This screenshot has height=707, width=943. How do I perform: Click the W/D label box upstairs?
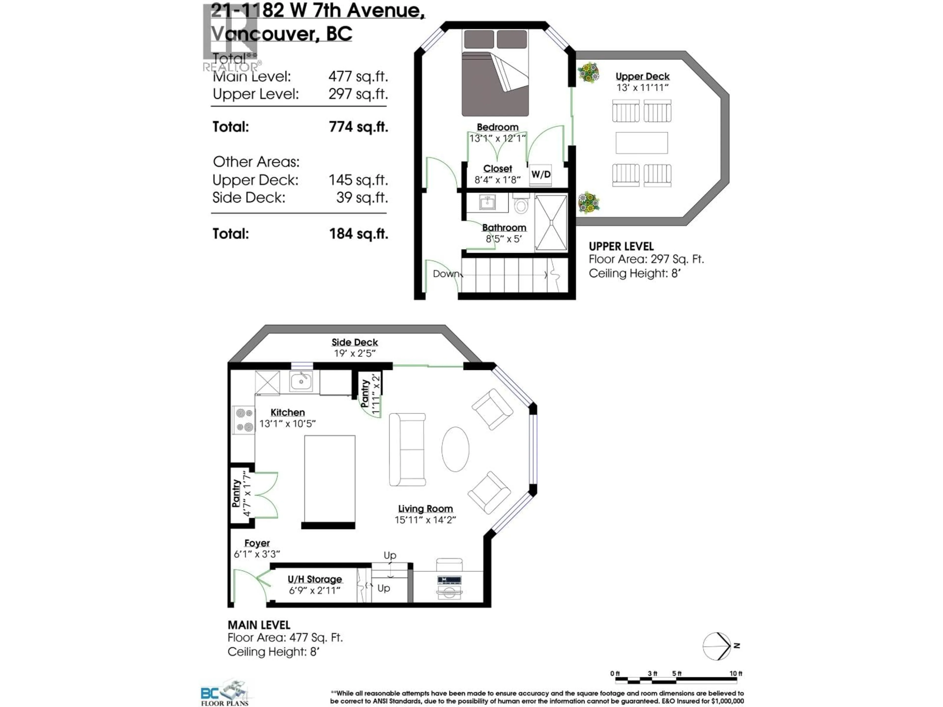coord(541,175)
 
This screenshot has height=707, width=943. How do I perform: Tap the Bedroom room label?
coord(498,127)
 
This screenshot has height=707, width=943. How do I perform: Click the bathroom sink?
coord(487,203)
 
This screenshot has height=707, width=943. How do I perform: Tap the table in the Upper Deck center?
coord(642,143)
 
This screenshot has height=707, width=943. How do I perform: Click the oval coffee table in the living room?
coord(455,449)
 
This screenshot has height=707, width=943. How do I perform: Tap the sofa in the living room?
coord(407,449)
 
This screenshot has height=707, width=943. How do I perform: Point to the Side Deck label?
coord(355,342)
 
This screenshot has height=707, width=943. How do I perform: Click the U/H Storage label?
coord(315,579)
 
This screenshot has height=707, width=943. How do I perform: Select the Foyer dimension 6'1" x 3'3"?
coord(257,554)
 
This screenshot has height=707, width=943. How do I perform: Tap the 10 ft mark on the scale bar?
coord(735,674)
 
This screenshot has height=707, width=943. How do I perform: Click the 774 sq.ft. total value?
coord(358,127)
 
